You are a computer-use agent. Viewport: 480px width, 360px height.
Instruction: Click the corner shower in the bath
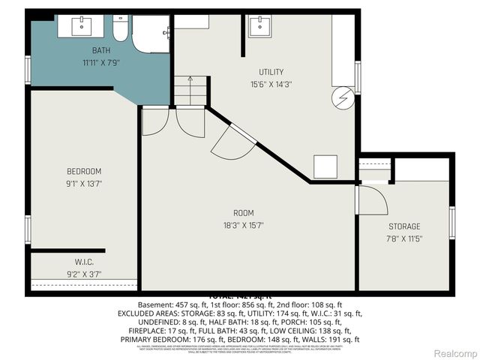coord(151,34)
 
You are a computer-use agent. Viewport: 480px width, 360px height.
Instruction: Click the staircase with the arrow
coord(189,91)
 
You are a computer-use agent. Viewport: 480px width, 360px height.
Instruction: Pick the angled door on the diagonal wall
coord(232,141)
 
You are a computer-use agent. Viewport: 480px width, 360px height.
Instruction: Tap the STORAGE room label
coord(404,226)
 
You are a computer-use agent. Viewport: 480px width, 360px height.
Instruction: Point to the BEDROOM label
coord(84,172)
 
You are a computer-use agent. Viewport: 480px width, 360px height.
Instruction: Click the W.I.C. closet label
coord(84,262)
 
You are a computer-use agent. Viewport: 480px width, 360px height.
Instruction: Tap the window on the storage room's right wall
coord(451,223)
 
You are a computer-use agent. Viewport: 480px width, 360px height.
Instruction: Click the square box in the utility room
coord(325,166)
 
